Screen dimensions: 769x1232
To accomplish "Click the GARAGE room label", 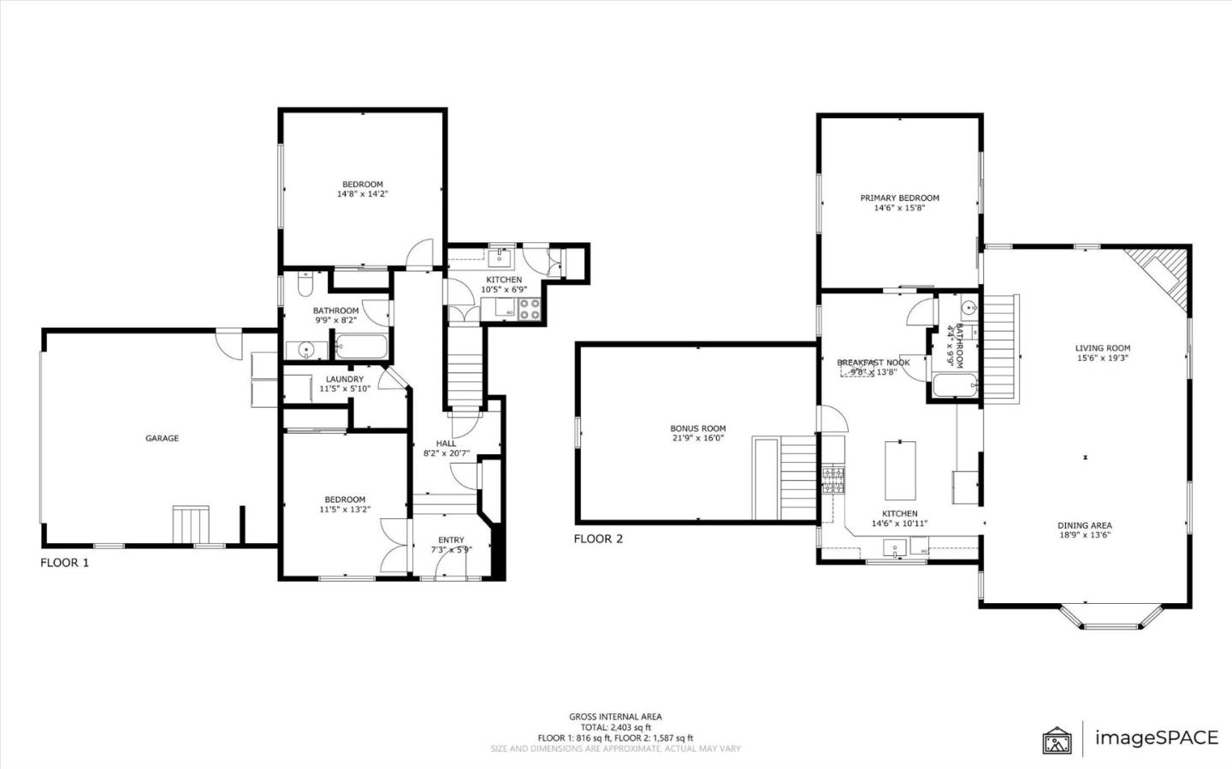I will click(162, 438).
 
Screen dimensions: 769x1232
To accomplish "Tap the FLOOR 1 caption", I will click(64, 563).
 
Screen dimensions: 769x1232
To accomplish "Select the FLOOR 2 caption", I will click(598, 539).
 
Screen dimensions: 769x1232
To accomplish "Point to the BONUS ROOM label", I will click(697, 429).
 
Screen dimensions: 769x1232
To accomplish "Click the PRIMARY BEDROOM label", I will click(899, 198).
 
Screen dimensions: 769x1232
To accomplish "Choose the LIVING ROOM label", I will click(1102, 348).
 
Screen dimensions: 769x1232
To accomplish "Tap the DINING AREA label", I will click(1084, 525).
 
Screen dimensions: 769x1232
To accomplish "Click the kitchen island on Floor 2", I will click(899, 470).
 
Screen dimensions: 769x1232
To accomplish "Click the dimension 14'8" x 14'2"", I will click(363, 194).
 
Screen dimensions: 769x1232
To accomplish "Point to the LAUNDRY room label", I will click(344, 379).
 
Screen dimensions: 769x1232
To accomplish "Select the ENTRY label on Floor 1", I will click(451, 540).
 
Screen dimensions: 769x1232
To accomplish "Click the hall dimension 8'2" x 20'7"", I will click(446, 453).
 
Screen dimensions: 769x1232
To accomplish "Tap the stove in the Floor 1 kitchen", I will click(528, 309).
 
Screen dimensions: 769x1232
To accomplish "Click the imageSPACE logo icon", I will click(1057, 738).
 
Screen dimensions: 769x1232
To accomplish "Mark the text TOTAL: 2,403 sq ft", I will click(615, 727).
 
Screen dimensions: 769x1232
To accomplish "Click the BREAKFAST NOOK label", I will click(873, 363).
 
